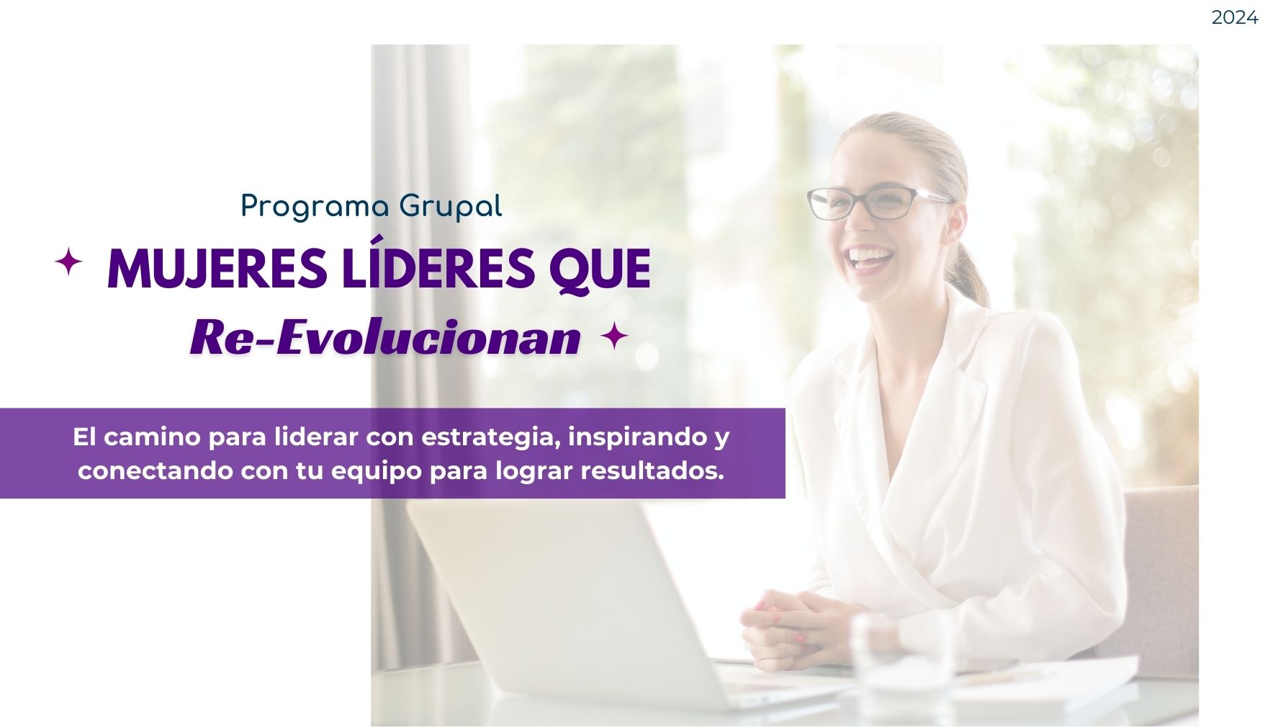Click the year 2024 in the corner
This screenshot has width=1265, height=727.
(1234, 17)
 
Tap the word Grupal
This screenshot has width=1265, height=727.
(451, 208)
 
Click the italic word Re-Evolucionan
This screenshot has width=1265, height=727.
(385, 336)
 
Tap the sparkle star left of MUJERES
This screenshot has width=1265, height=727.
(68, 262)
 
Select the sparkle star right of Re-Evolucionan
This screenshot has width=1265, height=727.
(614, 336)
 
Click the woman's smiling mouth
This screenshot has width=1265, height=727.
(870, 258)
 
